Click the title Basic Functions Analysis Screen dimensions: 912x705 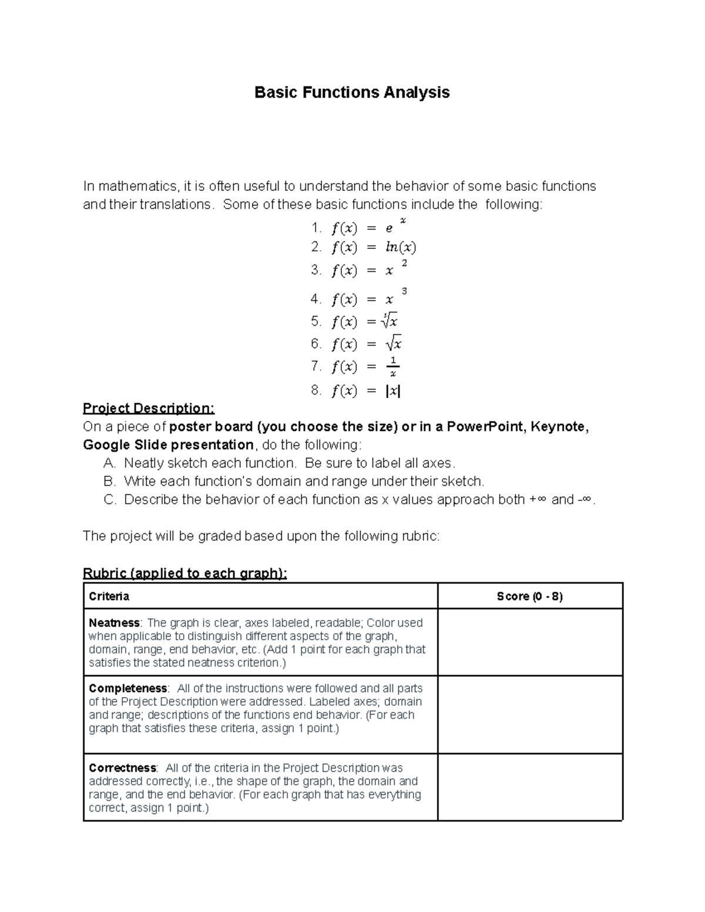(352, 92)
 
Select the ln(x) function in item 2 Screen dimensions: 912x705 (401, 247)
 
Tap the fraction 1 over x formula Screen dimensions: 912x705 (393, 367)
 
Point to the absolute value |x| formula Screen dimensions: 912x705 (393, 391)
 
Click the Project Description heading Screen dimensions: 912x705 (149, 408)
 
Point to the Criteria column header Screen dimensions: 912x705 (109, 597)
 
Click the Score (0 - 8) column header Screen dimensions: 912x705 (529, 597)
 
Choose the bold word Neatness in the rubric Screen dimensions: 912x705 (114, 622)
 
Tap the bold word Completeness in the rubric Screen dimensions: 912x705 (127, 688)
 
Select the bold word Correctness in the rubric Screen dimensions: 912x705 (122, 768)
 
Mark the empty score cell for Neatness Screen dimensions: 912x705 (529, 642)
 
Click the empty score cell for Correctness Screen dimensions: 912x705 (529, 787)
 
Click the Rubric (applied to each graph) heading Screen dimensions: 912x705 (185, 573)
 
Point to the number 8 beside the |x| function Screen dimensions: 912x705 (315, 391)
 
